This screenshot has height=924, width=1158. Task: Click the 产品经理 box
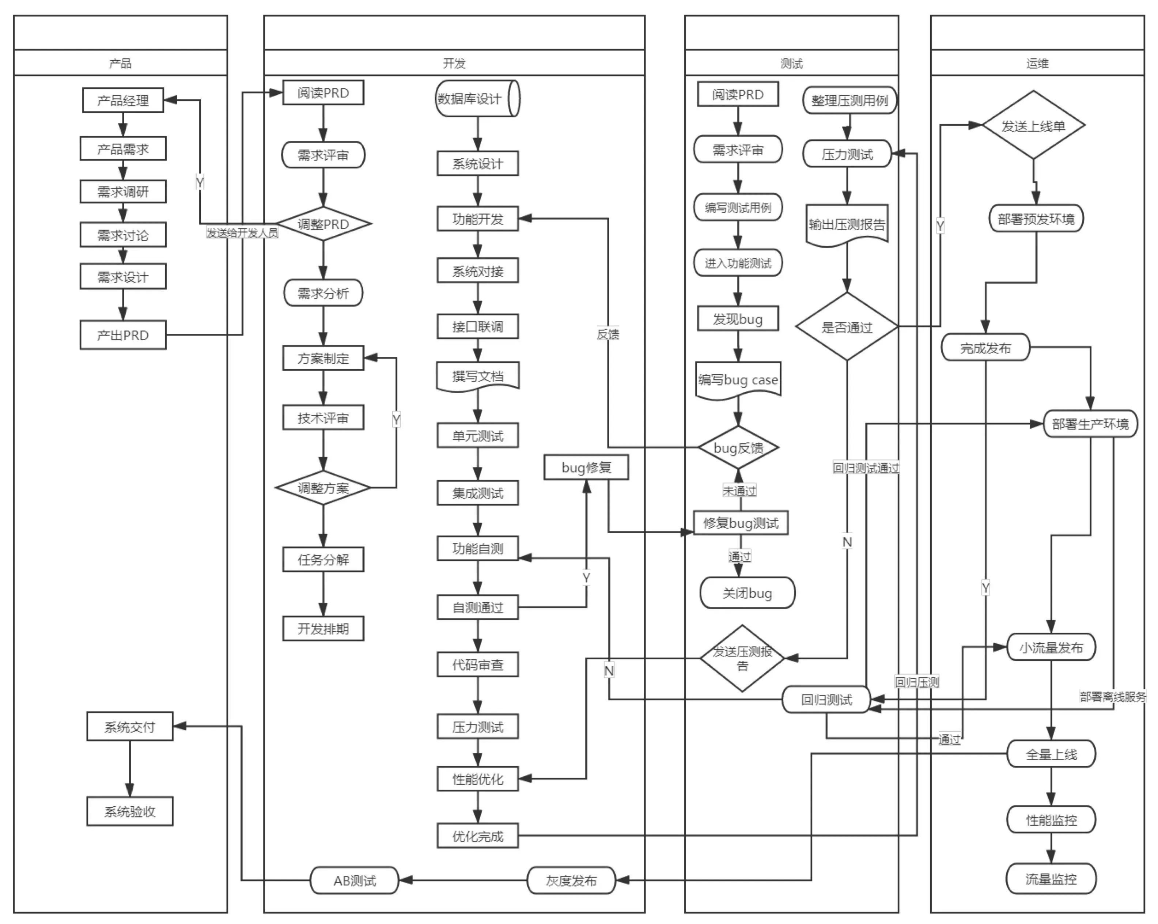click(x=122, y=101)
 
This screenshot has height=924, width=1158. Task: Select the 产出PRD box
click(x=122, y=335)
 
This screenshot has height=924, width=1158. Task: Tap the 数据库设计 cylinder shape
click(x=477, y=99)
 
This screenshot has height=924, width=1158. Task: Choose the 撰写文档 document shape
click(x=477, y=376)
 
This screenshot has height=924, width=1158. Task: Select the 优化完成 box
click(x=477, y=836)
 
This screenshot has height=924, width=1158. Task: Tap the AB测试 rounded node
click(x=355, y=881)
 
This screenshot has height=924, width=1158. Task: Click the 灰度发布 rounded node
click(x=571, y=881)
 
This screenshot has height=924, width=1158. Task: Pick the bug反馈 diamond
click(x=738, y=447)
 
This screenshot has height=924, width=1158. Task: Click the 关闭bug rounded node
click(x=747, y=593)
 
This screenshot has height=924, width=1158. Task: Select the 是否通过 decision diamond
click(x=847, y=327)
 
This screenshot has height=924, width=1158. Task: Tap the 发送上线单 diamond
click(x=1033, y=126)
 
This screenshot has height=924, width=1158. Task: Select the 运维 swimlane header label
click(x=1037, y=63)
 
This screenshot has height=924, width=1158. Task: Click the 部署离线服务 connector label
click(x=1112, y=697)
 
